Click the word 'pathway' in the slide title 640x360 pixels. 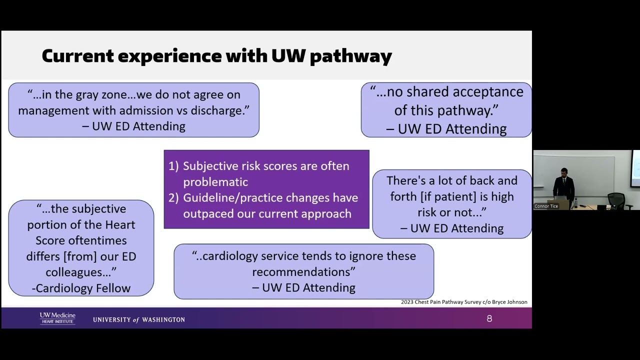click(x=350, y=56)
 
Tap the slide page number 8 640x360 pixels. click(x=489, y=318)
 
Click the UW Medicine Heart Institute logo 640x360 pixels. click(x=57, y=318)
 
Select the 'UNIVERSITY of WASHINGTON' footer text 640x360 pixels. click(x=139, y=319)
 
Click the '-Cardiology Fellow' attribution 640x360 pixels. click(x=81, y=288)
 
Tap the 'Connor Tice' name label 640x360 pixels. click(x=546, y=206)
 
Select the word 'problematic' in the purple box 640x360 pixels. click(x=215, y=182)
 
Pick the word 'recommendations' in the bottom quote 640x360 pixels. click(x=301, y=271)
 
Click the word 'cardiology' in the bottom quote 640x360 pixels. click(x=230, y=256)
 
